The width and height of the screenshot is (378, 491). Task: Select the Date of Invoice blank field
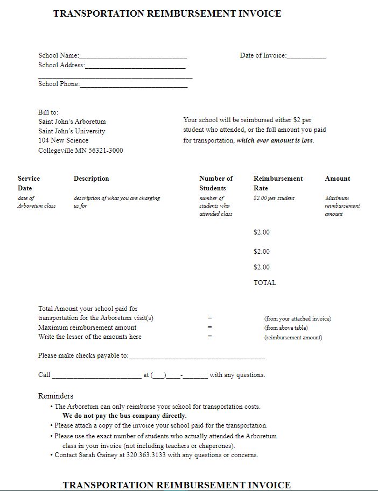point(306,56)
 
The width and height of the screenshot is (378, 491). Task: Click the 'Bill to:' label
point(48,112)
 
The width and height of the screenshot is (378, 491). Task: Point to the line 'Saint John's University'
point(72,131)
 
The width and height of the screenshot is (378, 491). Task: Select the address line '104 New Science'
point(63,141)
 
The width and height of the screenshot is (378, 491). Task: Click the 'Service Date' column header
point(29,183)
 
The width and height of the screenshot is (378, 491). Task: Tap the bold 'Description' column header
point(91,179)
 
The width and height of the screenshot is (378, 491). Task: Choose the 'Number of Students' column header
point(215,183)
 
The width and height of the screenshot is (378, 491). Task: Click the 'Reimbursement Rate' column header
point(278,183)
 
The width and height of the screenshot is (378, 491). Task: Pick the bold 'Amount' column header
point(337,179)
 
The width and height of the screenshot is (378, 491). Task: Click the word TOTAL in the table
point(264,283)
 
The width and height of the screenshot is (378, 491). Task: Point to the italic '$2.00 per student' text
point(274,198)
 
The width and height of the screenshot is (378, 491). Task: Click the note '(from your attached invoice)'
point(297,318)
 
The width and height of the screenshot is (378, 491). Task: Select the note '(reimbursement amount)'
point(293,337)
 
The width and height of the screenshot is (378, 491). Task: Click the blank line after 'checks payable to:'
point(197,357)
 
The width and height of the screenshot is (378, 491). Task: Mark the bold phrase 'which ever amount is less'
point(275,141)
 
